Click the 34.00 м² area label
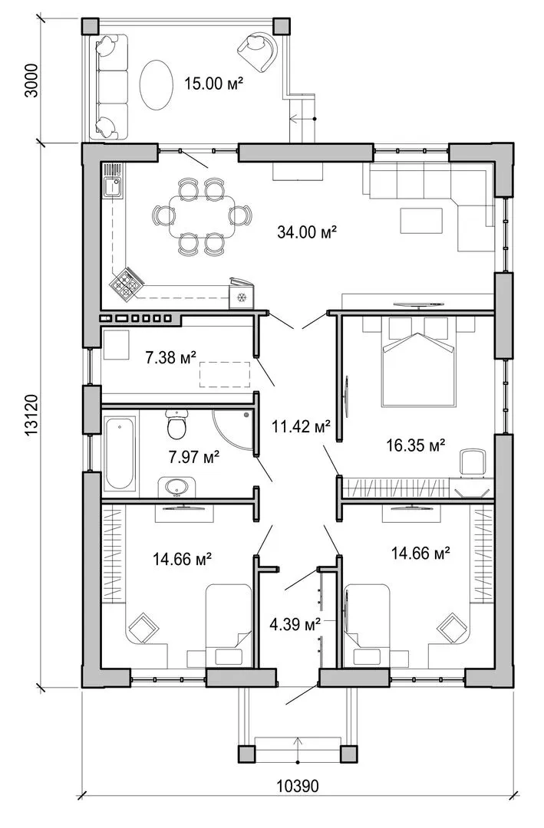tap(307, 232)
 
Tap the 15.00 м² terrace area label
tap(213, 83)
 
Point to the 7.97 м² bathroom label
tap(194, 456)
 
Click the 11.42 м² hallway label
tap(301, 426)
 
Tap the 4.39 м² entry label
tap(295, 625)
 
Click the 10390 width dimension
tap(298, 801)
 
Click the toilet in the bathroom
tap(176, 425)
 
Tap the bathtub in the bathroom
tap(120, 453)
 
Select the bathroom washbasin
tap(176, 486)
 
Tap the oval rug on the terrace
tap(156, 84)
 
